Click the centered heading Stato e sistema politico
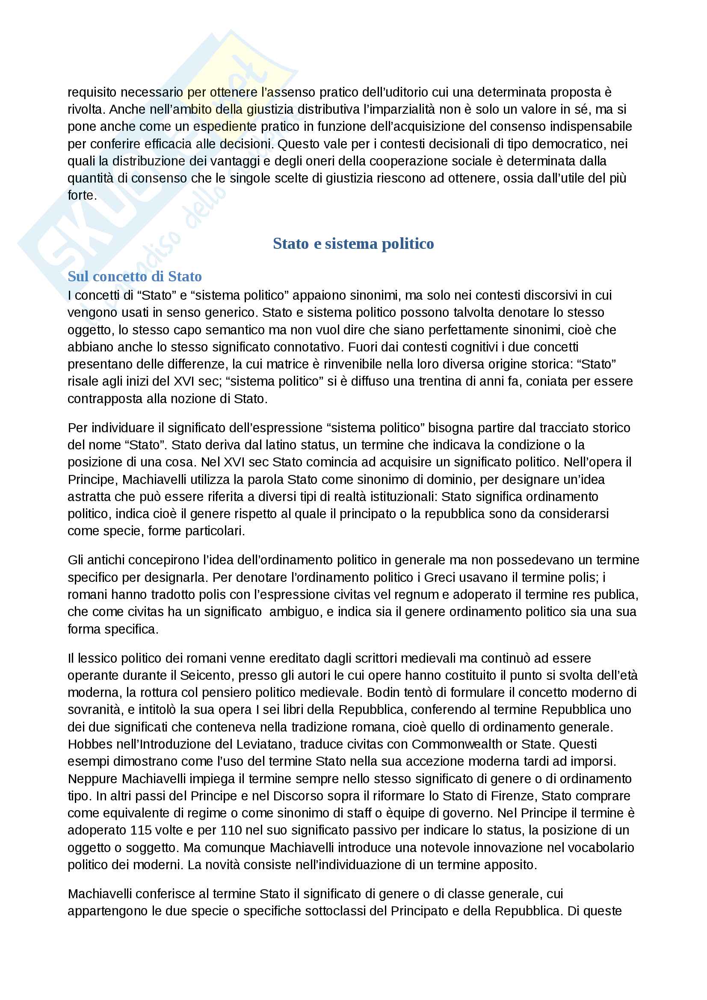(x=353, y=243)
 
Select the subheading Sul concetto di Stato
(x=135, y=276)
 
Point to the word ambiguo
(x=295, y=612)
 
